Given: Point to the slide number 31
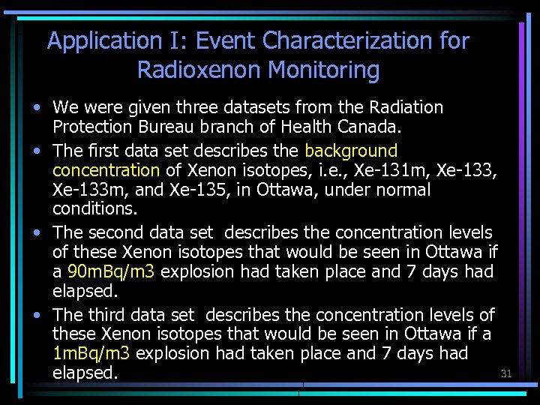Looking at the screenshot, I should pos(505,373).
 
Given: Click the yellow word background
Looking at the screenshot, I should pos(350,151).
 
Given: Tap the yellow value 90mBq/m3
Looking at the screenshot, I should pos(110,271).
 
